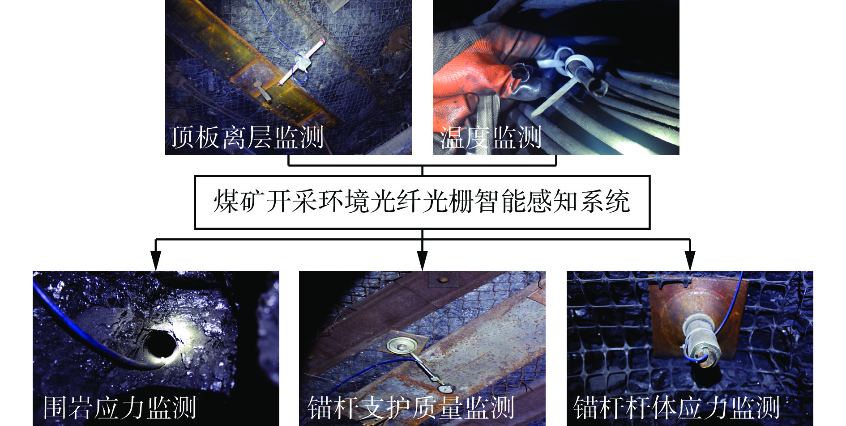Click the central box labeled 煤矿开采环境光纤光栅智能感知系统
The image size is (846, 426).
point(422,202)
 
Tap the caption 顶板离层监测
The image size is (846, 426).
point(247,137)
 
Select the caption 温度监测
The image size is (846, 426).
point(491,137)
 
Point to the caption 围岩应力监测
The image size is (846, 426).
point(120,407)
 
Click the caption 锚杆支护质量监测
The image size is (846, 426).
point(411,407)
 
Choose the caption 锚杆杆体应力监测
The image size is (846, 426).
point(677,407)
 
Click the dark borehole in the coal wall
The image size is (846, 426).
point(160,344)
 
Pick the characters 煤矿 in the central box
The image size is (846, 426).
point(239,202)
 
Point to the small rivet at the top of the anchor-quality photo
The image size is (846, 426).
point(444,281)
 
